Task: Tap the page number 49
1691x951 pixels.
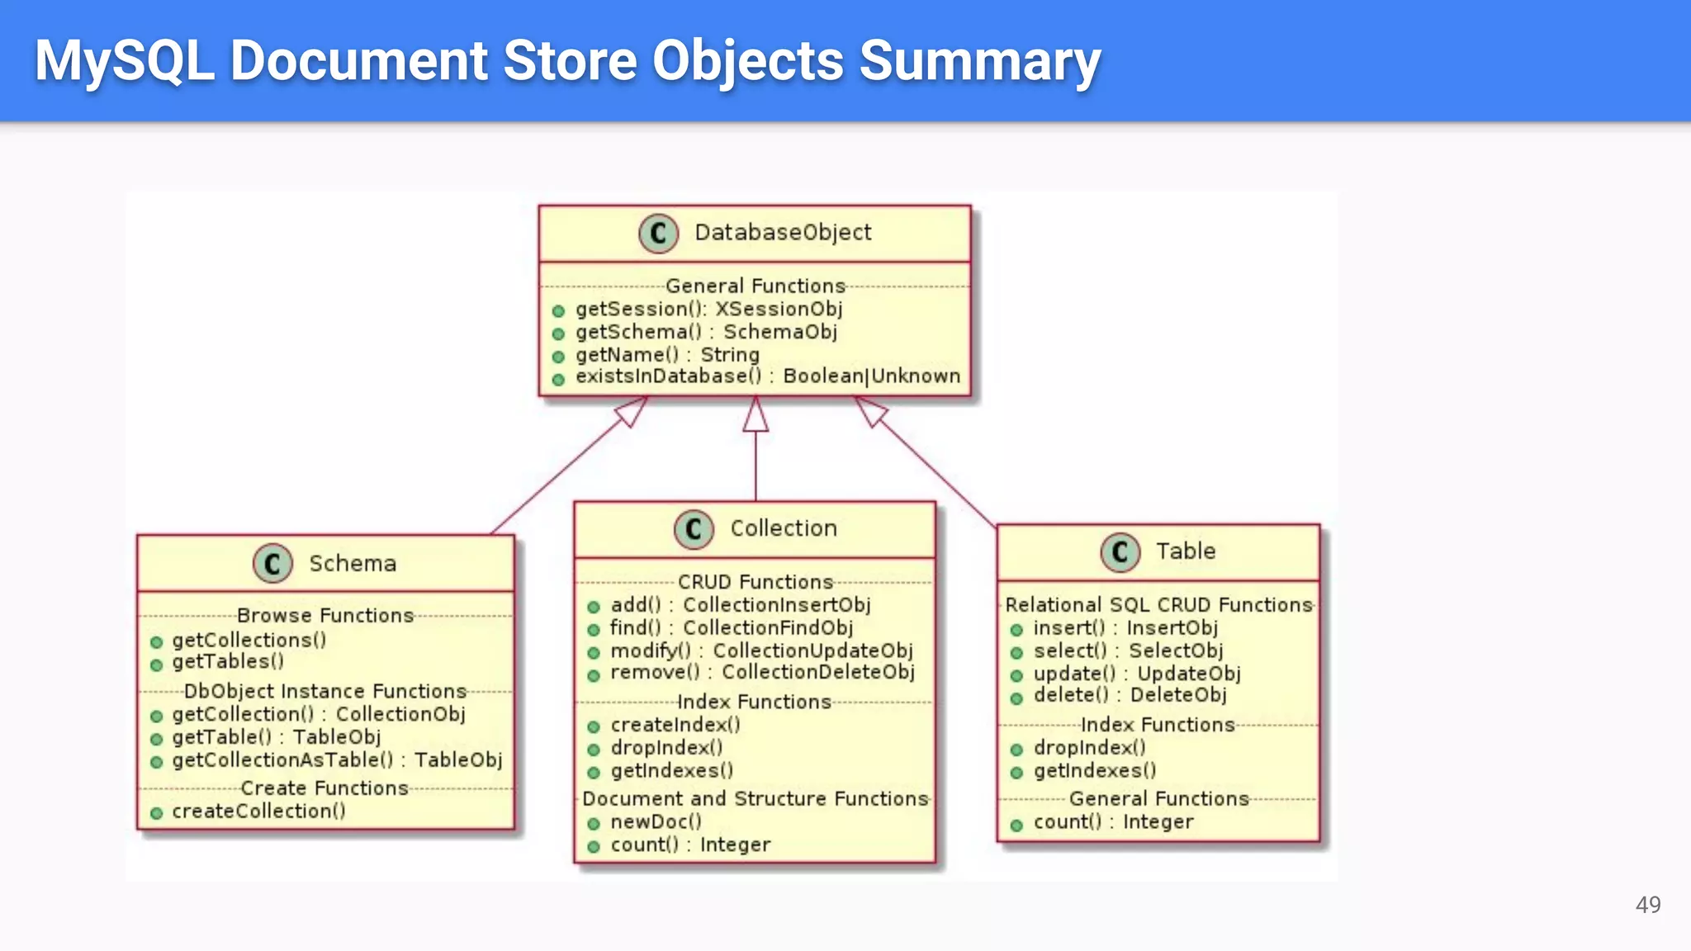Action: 1647,905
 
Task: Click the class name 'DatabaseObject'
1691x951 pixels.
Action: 782,233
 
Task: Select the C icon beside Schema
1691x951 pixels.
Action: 272,564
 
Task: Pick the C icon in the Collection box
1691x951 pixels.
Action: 693,529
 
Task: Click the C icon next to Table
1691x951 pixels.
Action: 1120,551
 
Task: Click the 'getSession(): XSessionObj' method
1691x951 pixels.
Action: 708,309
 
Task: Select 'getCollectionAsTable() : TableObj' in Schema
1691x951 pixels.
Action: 336,760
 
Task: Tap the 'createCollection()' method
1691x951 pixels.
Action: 258,811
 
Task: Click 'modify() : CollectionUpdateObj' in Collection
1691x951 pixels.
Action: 760,651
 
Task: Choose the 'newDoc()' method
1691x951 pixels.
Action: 656,822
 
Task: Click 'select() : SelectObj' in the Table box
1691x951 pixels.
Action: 1127,651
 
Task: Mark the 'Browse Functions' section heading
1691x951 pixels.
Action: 324,616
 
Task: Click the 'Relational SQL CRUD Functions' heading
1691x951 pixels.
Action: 1158,605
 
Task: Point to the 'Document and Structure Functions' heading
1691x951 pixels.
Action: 755,799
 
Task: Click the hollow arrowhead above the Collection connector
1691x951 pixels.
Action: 755,415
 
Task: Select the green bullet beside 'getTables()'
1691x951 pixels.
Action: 157,664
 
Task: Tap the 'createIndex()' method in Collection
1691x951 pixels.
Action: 675,725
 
